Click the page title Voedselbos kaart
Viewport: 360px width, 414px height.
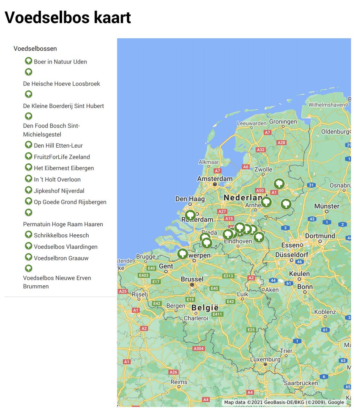(x=68, y=18)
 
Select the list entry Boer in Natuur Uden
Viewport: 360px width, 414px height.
(x=60, y=62)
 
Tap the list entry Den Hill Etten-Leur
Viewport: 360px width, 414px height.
(x=58, y=146)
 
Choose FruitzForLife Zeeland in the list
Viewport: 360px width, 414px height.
(x=61, y=157)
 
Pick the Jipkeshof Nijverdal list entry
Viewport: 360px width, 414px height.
(x=59, y=191)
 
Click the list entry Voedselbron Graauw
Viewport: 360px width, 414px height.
(x=61, y=258)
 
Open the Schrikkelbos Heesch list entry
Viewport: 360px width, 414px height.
(x=61, y=235)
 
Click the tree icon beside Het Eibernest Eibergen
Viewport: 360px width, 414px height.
(x=29, y=167)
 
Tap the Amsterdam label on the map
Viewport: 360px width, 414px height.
(x=214, y=179)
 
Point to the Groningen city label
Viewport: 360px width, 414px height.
(x=283, y=122)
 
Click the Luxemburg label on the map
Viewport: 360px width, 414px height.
(x=265, y=359)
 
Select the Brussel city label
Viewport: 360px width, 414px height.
(x=192, y=279)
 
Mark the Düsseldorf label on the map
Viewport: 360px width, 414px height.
(x=291, y=255)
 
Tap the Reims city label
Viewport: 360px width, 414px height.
(x=179, y=382)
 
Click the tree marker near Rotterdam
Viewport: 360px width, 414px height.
(x=190, y=215)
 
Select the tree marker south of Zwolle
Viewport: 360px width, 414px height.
(x=279, y=184)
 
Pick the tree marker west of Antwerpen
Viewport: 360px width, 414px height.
(x=182, y=254)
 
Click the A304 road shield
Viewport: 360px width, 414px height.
(x=199, y=348)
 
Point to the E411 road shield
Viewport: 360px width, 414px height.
(x=217, y=314)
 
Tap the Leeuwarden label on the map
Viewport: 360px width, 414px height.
(x=252, y=123)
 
